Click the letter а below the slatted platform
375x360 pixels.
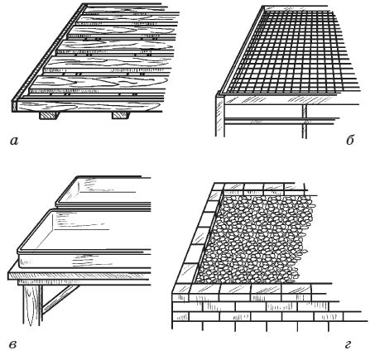coord(14,142)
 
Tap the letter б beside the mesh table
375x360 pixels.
coord(350,140)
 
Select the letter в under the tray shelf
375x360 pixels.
coord(13,345)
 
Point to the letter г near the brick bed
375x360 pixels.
coord(349,345)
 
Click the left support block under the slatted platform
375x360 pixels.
coord(49,115)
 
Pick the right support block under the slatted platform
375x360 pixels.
coord(121,115)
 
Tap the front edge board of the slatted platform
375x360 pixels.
coord(87,107)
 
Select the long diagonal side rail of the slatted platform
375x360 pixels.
coord(48,52)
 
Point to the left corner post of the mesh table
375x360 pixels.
coord(219,113)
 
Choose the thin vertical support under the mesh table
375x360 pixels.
coord(304,121)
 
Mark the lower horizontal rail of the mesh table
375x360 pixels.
coord(281,121)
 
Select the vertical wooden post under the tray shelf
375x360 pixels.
coord(32,305)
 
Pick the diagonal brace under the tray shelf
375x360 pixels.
coord(60,300)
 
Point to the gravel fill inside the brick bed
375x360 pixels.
coord(257,239)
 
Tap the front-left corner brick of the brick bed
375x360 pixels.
coord(181,289)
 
